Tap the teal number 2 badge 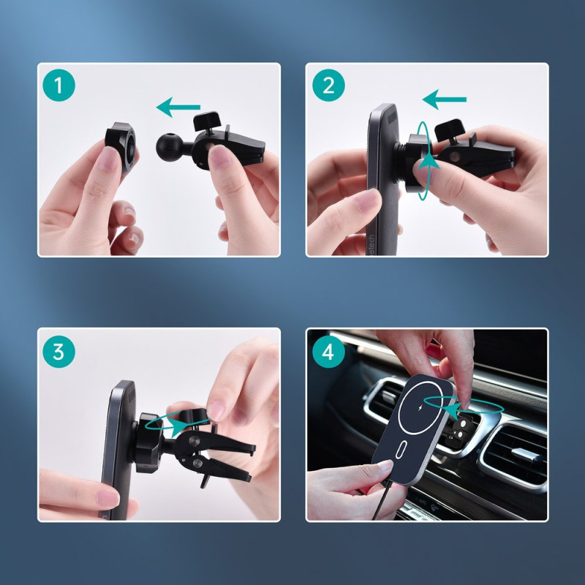tap(328, 87)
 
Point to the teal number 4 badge tap(328, 352)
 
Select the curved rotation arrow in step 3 tap(175, 422)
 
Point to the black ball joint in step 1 tap(169, 146)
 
